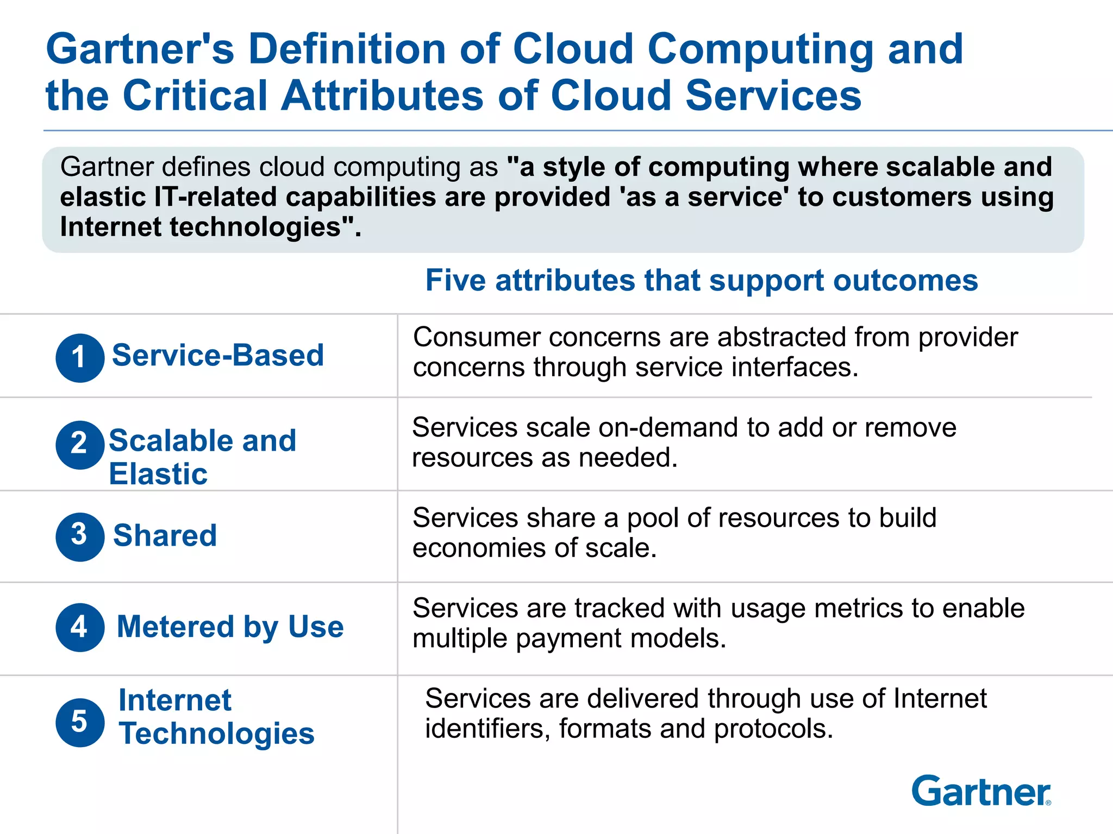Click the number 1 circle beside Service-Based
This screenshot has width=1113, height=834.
pyautogui.click(x=80, y=358)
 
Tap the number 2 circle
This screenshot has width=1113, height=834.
pyautogui.click(x=80, y=445)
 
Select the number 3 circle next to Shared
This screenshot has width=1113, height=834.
pyautogui.click(x=80, y=536)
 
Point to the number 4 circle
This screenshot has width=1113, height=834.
pyautogui.click(x=80, y=627)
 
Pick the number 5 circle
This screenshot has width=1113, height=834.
pyautogui.click(x=80, y=722)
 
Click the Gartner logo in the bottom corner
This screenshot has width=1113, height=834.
pyautogui.click(x=981, y=791)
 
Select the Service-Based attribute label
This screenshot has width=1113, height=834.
pyautogui.click(x=218, y=356)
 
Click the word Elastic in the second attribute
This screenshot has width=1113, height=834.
pyautogui.click(x=158, y=474)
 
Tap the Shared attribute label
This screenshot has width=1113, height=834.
pyautogui.click(x=165, y=535)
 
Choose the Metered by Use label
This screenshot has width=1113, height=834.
pyautogui.click(x=230, y=627)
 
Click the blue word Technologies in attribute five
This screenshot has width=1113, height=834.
pyautogui.click(x=216, y=734)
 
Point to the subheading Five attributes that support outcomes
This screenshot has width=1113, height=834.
pyautogui.click(x=702, y=281)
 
